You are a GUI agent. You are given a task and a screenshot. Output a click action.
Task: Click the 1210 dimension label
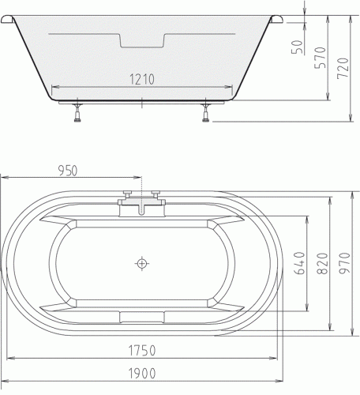coord(142,79)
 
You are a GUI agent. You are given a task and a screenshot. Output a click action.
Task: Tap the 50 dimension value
coord(298,47)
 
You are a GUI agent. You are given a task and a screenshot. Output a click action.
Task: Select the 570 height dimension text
coord(321,58)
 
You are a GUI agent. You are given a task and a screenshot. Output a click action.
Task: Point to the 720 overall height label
coord(343,68)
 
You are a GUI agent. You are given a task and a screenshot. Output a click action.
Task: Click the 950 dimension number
coord(68,171)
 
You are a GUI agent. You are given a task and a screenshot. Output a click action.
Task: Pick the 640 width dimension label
coord(300,263)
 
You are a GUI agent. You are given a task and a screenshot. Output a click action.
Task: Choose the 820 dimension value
coord(322,263)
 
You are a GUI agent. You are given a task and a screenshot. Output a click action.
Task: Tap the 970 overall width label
coord(344,263)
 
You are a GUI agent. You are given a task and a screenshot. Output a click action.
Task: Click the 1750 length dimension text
coord(142,351)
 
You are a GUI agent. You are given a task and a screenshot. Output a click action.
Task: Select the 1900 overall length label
coord(142,374)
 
